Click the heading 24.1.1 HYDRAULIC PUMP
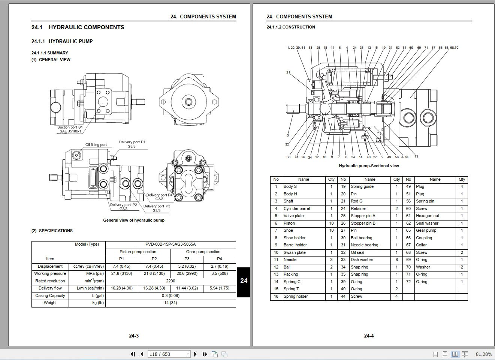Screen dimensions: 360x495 pos(62,41)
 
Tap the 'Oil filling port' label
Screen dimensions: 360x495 pos(96,145)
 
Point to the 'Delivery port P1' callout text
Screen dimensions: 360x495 pos(132,142)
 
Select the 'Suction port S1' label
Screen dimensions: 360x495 pos(70,127)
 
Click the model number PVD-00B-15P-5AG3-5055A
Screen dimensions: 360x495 pos(170,244)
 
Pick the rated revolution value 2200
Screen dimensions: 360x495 pos(170,281)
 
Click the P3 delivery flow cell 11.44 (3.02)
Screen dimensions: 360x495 pos(187,288)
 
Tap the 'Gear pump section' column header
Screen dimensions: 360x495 pos(203,252)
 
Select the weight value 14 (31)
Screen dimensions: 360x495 pos(170,303)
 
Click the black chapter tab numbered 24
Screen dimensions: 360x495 pos(244,281)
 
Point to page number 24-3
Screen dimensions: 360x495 pos(134,336)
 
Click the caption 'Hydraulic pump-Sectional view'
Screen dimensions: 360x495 pos(369,166)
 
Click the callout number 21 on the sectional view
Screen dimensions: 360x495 pos(288,72)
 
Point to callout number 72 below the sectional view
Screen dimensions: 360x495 pos(416,156)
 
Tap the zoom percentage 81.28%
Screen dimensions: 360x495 pos(484,354)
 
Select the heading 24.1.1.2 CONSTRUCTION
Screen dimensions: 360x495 pos(290,27)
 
